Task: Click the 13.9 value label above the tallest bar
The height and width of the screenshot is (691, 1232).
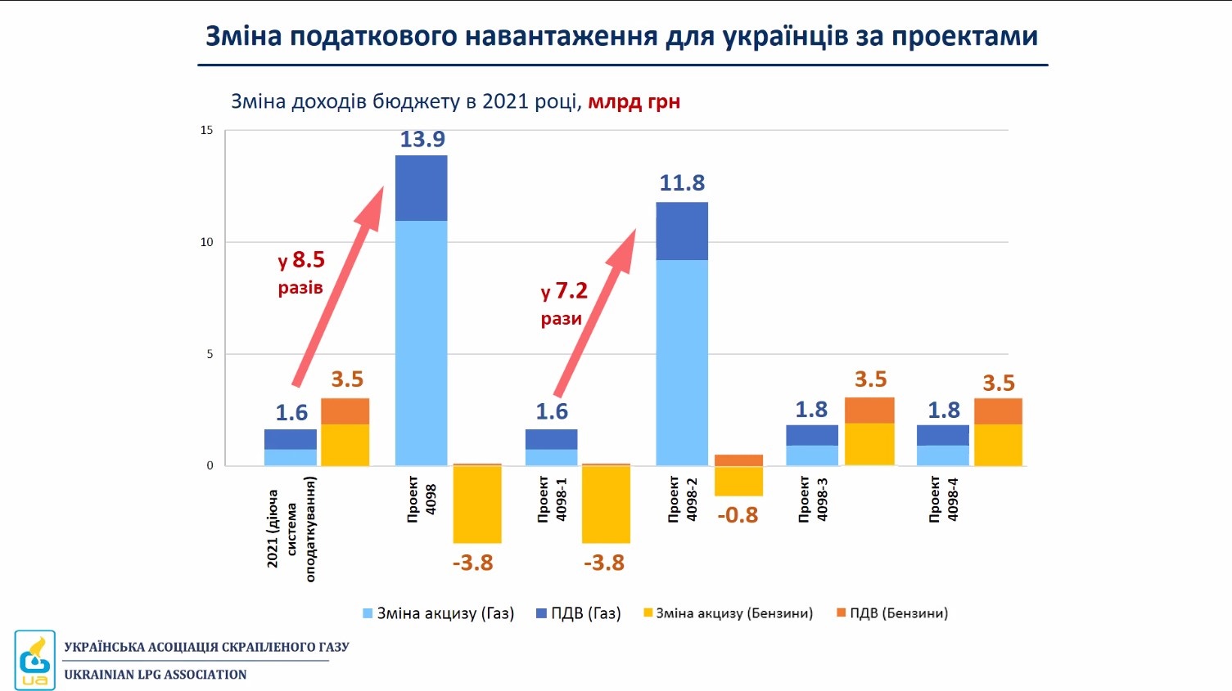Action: click(x=422, y=140)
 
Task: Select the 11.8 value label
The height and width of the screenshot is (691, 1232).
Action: click(x=682, y=183)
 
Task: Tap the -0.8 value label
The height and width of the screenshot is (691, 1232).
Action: click(x=738, y=515)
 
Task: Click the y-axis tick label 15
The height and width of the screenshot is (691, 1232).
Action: click(x=206, y=131)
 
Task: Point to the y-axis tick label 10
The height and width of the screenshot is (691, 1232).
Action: click(x=206, y=242)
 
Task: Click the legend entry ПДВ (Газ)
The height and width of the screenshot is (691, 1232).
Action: click(x=579, y=613)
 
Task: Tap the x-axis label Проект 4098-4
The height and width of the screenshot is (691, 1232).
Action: click(x=943, y=499)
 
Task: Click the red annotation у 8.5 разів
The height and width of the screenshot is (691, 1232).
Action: click(x=301, y=272)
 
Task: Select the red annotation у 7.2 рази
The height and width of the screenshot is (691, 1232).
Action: click(x=563, y=303)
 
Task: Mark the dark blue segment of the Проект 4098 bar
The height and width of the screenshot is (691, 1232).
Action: click(x=422, y=188)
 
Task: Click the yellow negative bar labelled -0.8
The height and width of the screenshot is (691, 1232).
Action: click(x=738, y=481)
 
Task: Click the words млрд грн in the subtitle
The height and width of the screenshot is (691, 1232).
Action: click(x=634, y=102)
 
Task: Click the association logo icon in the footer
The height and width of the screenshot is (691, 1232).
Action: click(x=34, y=660)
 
